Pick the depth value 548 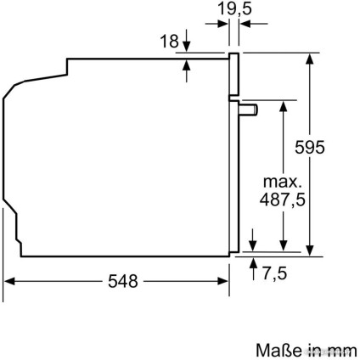119,281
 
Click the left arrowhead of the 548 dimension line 10,281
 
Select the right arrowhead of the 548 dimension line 226,281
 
